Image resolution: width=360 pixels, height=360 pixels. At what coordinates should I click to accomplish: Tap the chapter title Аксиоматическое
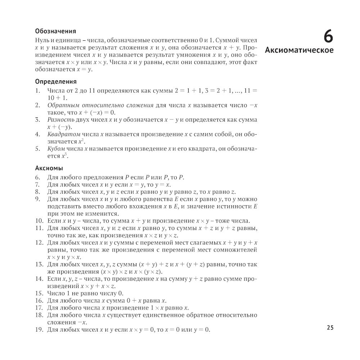pos(299,50)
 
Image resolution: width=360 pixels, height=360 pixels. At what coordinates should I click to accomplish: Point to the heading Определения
pos(56,82)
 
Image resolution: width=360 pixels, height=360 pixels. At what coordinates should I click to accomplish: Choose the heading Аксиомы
pos(49,168)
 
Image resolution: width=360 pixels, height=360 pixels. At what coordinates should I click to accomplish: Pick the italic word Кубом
pos(56,149)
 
